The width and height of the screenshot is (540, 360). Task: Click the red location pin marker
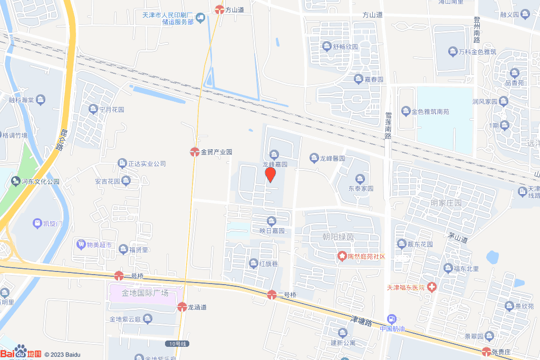click(270, 174)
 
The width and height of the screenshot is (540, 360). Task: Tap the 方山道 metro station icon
click(219, 9)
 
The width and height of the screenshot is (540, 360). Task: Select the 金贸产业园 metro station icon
click(195, 152)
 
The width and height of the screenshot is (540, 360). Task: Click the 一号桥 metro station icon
click(119, 276)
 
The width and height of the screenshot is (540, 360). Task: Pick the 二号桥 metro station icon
click(272, 295)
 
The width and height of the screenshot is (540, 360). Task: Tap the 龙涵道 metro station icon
click(182, 307)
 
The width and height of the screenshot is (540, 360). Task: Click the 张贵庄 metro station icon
click(486, 352)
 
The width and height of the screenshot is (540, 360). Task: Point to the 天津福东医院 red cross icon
click(432, 287)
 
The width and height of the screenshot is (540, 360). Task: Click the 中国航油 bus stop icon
click(392, 319)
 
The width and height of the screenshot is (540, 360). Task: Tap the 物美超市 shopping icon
click(81, 245)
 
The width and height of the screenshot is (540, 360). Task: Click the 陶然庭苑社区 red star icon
click(341, 256)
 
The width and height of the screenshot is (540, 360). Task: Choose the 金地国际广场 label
click(145, 293)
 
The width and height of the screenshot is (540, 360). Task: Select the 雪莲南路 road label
click(388, 125)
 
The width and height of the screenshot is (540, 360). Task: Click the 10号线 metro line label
click(176, 344)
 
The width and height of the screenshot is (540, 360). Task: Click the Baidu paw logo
click(21, 352)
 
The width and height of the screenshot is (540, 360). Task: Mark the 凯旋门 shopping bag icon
click(37, 223)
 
